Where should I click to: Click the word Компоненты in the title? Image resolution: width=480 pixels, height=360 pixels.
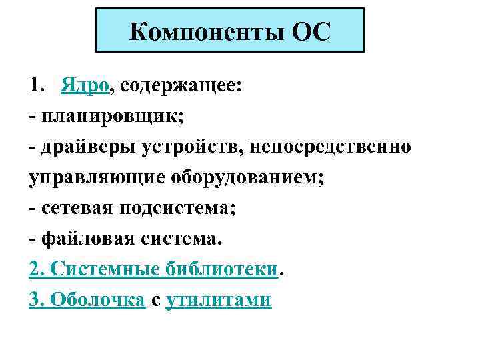207,31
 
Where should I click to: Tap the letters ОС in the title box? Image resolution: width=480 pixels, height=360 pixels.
311,31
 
